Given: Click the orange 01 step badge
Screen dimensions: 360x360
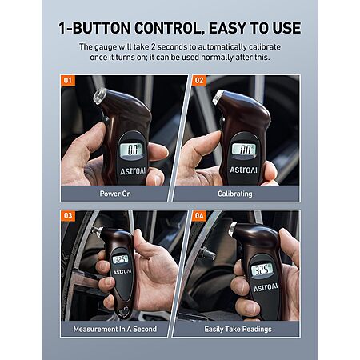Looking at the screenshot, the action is (x=68, y=81).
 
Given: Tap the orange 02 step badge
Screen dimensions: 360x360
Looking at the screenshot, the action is (x=199, y=81).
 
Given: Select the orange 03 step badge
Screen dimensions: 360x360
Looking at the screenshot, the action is (x=68, y=216).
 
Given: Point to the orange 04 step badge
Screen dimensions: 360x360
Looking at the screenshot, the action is (x=199, y=216).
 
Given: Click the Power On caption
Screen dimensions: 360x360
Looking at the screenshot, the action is (x=115, y=194).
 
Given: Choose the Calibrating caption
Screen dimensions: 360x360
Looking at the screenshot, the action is (x=235, y=194).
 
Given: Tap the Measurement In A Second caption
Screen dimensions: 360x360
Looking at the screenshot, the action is (x=115, y=329).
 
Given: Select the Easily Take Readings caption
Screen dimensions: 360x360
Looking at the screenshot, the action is (x=238, y=330).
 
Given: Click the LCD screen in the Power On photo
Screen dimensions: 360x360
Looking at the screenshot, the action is (x=132, y=150).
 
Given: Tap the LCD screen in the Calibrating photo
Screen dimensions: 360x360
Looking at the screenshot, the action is (x=244, y=150).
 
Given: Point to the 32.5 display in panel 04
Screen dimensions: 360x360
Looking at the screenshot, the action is (x=262, y=270).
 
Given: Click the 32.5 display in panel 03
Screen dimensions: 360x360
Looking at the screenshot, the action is (x=121, y=259).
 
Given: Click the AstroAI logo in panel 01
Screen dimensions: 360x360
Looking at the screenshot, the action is (x=133, y=171).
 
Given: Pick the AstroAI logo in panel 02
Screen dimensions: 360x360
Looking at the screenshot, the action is (x=244, y=170).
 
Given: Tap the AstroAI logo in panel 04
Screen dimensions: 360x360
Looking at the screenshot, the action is (x=266, y=287).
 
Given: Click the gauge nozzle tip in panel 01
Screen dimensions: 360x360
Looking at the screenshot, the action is (x=99, y=96).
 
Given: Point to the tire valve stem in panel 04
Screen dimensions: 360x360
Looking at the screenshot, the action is (x=208, y=254).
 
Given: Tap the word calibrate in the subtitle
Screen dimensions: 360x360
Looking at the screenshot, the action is (x=265, y=47).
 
